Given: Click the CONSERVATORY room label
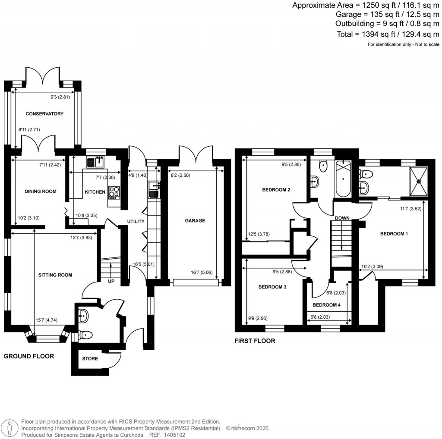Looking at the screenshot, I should (x=44, y=114).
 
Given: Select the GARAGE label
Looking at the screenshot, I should (x=195, y=220).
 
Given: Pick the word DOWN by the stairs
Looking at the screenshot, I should (x=342, y=218).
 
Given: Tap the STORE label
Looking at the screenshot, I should (x=90, y=358).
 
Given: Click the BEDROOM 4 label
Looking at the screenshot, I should (x=326, y=304).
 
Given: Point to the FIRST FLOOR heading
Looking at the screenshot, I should (x=255, y=341).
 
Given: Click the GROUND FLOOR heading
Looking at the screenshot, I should (x=29, y=356).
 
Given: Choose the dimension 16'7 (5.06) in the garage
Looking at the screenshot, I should (x=202, y=272).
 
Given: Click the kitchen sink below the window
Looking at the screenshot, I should (x=95, y=162).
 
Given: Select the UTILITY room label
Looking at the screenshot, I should (x=135, y=221).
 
